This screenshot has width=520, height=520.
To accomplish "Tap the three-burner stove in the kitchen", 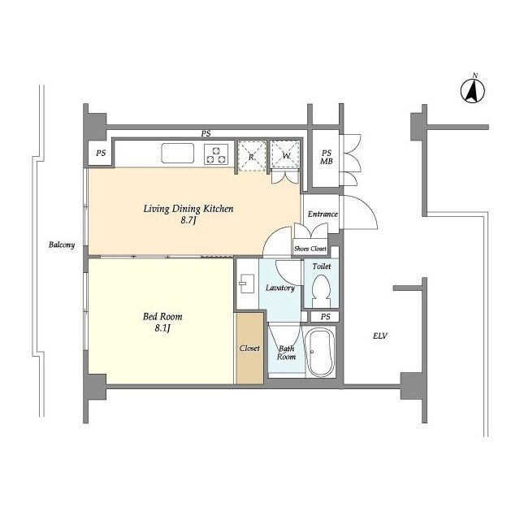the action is [x=216, y=154].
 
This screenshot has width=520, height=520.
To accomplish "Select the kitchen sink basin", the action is [x=178, y=154].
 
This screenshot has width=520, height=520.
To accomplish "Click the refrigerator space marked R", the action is [x=252, y=156].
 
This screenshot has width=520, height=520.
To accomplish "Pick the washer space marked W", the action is [x=285, y=154].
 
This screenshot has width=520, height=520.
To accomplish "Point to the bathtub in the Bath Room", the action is [x=320, y=352].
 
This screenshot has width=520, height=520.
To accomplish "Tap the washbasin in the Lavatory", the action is [x=247, y=284].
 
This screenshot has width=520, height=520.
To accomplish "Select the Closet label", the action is [x=249, y=349].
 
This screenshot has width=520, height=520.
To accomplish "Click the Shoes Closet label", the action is [x=310, y=249].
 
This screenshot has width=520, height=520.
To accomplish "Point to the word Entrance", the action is [x=323, y=214].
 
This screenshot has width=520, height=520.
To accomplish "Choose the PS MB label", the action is [x=327, y=157].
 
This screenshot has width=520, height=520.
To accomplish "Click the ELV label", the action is [x=380, y=336].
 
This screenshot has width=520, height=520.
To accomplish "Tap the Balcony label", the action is [x=62, y=245].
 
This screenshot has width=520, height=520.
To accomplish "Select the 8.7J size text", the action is [x=188, y=220].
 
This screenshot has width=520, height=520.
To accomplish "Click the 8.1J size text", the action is [x=162, y=328].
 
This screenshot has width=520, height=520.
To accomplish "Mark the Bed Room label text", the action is [x=162, y=316].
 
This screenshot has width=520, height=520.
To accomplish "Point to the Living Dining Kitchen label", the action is [x=188, y=209].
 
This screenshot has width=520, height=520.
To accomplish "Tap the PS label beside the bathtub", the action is [x=325, y=317].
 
